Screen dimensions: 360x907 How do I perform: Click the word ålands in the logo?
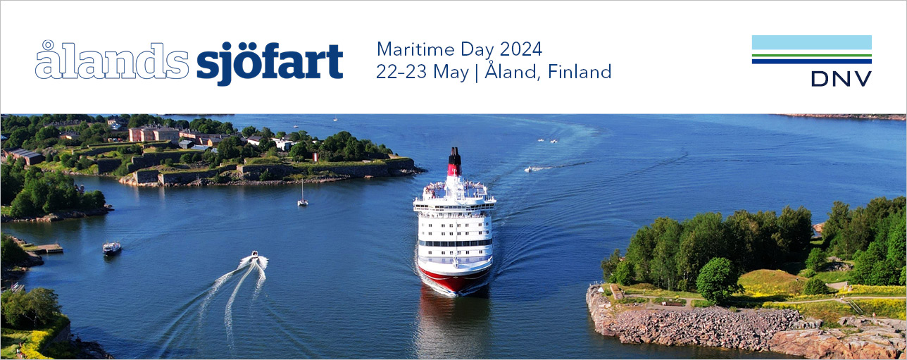[x=111, y=61]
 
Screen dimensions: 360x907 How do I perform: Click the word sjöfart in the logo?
[x=270, y=62]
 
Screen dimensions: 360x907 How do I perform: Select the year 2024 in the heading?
[x=520, y=49]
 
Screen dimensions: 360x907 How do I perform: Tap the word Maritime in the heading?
[x=415, y=49]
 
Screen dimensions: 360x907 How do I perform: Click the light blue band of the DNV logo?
[x=811, y=42]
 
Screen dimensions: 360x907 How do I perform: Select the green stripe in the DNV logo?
[x=811, y=55]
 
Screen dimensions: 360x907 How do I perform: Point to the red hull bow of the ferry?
[x=455, y=278]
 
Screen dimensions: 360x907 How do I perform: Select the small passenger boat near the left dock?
[x=111, y=247]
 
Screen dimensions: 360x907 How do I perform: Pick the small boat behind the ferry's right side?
[x=530, y=169]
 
